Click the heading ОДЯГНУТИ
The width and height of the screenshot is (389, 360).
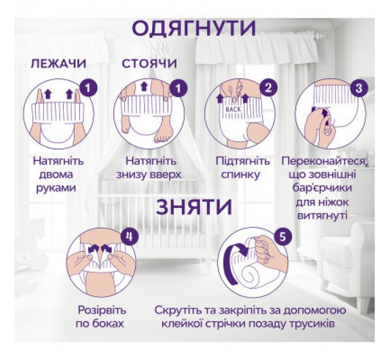[x=194, y=27]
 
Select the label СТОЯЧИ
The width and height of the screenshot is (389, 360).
[x=149, y=63]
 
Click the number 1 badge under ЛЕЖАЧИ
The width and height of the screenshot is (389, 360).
[x=87, y=88]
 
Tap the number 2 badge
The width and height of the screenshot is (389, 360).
[x=267, y=88]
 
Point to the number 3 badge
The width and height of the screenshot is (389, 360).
[x=359, y=88]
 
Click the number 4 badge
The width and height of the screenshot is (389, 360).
[x=130, y=237]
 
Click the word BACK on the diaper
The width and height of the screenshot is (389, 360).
[x=233, y=108]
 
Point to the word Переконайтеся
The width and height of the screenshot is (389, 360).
[x=325, y=161]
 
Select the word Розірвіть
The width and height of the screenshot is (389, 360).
[x=102, y=311]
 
